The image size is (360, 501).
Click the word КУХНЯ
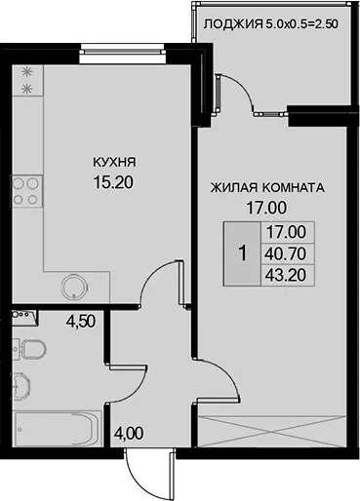(114, 162)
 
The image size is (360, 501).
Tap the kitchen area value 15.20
(113, 182)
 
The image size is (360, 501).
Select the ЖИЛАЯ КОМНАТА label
(267, 188)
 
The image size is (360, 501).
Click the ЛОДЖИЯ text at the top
(233, 24)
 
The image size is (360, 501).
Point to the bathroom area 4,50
(80, 322)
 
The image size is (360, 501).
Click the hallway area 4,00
(129, 434)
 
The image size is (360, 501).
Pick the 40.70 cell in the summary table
(286, 253)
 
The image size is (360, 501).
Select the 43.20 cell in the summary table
(286, 275)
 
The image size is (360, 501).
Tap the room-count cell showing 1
(242, 253)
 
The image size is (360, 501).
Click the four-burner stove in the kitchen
(27, 191)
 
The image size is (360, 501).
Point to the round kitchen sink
(75, 287)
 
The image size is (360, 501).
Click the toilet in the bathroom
(30, 349)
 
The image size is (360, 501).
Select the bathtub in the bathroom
(58, 429)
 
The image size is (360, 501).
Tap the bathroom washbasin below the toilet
(22, 386)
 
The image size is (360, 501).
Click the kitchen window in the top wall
(122, 51)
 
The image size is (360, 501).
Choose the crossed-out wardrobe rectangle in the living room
(271, 431)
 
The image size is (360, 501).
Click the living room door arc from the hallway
(225, 372)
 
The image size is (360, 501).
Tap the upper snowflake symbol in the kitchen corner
(27, 73)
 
